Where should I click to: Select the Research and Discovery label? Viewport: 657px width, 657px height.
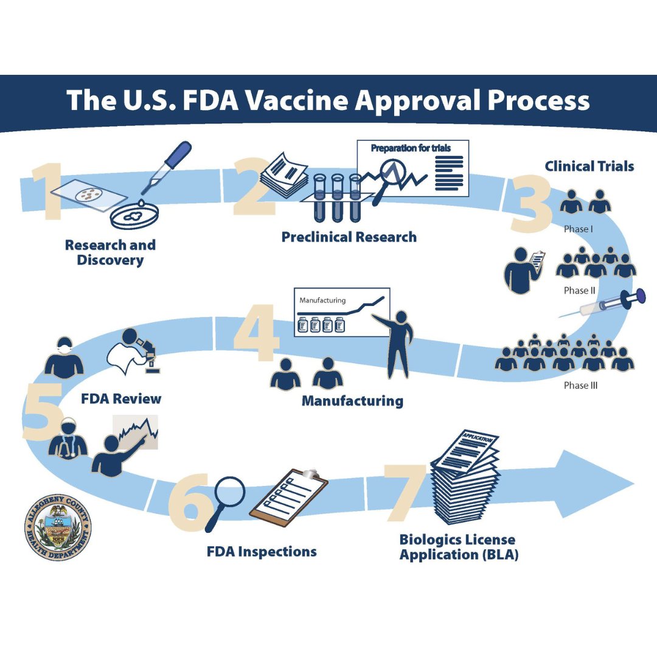(110, 252)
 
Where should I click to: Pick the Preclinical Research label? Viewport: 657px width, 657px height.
(349, 237)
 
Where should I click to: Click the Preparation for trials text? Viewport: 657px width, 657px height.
(411, 148)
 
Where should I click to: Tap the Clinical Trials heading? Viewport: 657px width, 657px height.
(589, 166)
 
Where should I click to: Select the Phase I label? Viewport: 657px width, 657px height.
(577, 229)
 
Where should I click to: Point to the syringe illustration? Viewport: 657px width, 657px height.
(602, 305)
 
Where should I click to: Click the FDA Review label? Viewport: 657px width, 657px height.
(121, 399)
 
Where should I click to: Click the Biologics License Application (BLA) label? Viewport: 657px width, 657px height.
(458, 547)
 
